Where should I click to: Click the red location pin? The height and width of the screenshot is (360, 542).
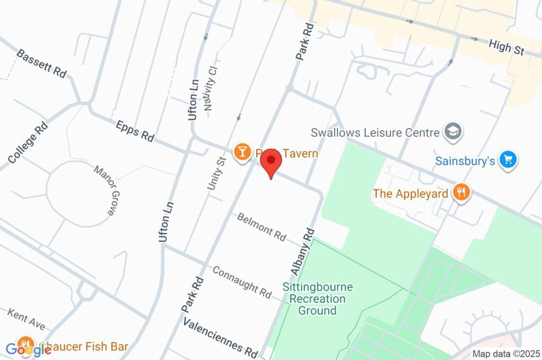pos(272,162)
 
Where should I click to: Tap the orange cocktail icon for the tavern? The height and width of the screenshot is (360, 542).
pos(242,152)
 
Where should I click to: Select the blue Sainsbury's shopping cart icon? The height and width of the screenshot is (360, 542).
pos(508,159)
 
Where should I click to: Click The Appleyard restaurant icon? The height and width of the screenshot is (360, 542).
pos(461,193)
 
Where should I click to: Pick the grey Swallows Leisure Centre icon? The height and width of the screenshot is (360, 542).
pos(454,132)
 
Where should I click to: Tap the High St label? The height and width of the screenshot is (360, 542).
pos(506,47)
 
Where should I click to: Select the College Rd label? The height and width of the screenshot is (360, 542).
pos(28,142)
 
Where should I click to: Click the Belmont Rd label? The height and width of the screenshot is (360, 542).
pos(261,226)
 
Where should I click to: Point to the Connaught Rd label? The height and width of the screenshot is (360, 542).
pos(242,281)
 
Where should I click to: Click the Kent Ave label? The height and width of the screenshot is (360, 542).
pos(26,320)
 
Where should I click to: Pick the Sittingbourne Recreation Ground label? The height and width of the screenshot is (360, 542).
pos(317,299)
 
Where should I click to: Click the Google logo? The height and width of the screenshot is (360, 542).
pos(29,349)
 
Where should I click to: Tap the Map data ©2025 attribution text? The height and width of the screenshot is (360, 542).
pos(506,354)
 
